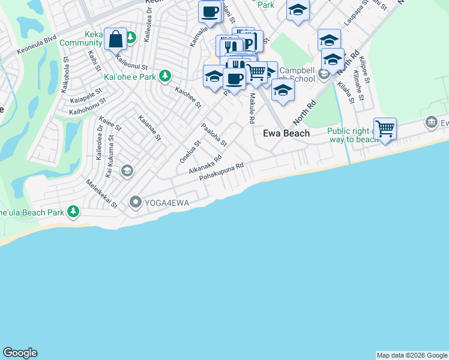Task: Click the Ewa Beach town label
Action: click(286, 133)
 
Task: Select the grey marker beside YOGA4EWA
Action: click(135, 202)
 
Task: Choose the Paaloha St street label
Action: click(214, 135)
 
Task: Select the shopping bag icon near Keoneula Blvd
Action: click(115, 40)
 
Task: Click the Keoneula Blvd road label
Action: click(37, 46)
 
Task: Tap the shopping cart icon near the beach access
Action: click(385, 128)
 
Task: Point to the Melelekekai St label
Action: click(101, 194)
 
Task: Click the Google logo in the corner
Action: click(20, 353)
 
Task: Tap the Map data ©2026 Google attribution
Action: click(412, 355)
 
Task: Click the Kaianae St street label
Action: click(150, 128)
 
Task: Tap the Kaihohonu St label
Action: click(88, 107)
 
